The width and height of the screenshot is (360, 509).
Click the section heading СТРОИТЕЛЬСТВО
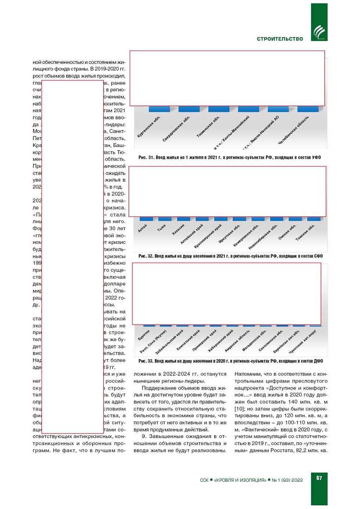click(x=280, y=39)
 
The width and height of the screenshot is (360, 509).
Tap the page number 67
click(x=319, y=478)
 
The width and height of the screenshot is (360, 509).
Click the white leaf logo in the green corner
click(x=319, y=32)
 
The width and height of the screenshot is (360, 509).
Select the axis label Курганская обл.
click(x=148, y=127)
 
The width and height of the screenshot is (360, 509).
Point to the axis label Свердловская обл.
click(x=176, y=129)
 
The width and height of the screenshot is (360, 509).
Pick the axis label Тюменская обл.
click(x=208, y=127)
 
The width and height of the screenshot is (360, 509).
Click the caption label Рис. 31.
click(x=146, y=158)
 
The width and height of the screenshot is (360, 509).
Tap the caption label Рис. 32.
click(x=146, y=256)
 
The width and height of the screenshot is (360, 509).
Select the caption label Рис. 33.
click(x=146, y=361)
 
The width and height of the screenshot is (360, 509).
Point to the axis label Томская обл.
click(x=305, y=233)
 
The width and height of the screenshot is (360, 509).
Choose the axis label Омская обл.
click(x=287, y=232)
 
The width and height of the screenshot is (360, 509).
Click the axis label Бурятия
click(x=144, y=335)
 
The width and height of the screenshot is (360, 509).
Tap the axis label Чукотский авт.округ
click(x=302, y=341)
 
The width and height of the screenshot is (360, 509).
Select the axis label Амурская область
click(x=237, y=340)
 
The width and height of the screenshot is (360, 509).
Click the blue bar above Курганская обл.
click(x=159, y=109)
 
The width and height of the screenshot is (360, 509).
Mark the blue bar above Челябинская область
click(x=308, y=109)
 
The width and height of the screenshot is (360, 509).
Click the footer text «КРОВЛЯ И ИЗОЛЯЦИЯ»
click(x=240, y=480)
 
